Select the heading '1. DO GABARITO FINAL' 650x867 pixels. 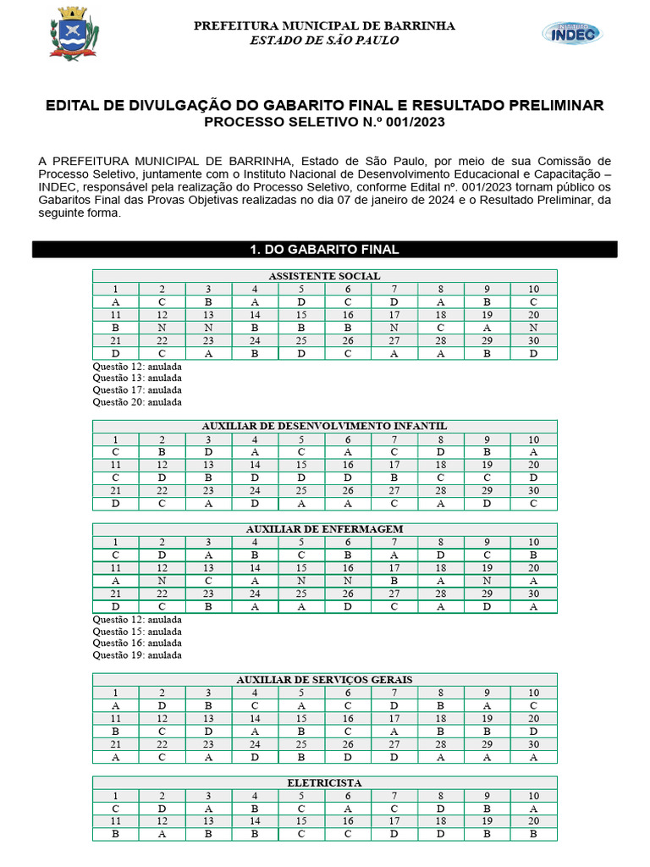325,250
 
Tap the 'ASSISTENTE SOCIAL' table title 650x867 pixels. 325,276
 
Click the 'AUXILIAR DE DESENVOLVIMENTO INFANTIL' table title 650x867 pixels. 325,426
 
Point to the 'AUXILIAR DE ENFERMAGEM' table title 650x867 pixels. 325,529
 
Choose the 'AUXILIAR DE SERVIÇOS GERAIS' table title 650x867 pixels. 325,680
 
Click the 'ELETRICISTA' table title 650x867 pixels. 325,783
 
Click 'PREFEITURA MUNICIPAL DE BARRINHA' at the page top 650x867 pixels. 325,25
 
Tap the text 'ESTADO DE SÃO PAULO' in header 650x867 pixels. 325,41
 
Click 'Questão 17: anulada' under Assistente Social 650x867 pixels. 136,390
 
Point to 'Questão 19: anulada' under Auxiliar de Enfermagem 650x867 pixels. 136,655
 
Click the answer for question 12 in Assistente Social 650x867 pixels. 162,328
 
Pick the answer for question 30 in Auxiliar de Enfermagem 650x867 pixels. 533,606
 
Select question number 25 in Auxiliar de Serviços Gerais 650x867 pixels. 301,745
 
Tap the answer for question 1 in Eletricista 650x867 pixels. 115,809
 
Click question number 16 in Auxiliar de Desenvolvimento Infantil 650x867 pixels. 348,465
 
